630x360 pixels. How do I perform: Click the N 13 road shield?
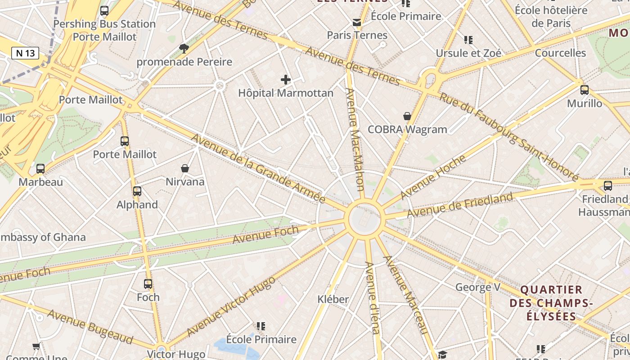click(25, 53)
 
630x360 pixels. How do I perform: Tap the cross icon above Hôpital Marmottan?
click(286, 80)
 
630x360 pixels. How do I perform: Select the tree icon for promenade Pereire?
click(184, 48)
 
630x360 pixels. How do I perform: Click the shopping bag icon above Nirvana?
click(184, 168)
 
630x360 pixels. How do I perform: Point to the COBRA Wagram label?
click(407, 130)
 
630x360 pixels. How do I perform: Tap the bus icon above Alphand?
click(137, 191)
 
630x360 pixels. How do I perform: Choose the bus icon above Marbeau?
click(40, 169)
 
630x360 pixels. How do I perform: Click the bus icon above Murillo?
click(584, 90)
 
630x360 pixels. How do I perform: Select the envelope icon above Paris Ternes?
click(357, 22)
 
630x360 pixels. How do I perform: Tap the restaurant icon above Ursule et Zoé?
click(468, 40)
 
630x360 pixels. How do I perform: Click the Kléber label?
click(333, 299)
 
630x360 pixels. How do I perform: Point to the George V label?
click(478, 287)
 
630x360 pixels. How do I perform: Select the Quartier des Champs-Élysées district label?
click(551, 302)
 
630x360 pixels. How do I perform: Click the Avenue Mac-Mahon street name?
click(355, 139)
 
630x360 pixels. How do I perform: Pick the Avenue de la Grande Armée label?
click(258, 169)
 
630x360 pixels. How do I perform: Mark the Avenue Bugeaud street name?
click(90, 327)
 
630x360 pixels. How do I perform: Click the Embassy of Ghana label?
click(43, 237)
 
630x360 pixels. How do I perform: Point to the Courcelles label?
click(560, 53)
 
